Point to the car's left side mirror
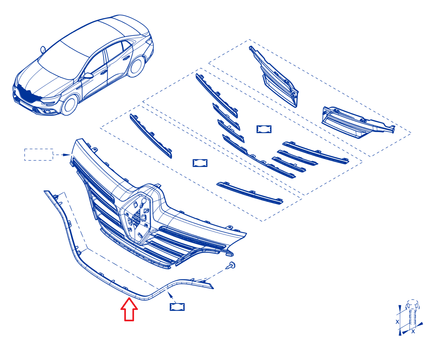click(88, 75)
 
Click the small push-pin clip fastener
click(230, 266)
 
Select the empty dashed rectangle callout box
click(39, 155)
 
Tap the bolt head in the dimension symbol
click(412, 305)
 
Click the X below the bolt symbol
click(413, 331)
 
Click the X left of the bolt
click(397, 322)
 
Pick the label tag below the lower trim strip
click(177, 307)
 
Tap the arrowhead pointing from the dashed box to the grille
click(67, 155)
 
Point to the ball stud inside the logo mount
click(144, 201)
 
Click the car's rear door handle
click(127, 58)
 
